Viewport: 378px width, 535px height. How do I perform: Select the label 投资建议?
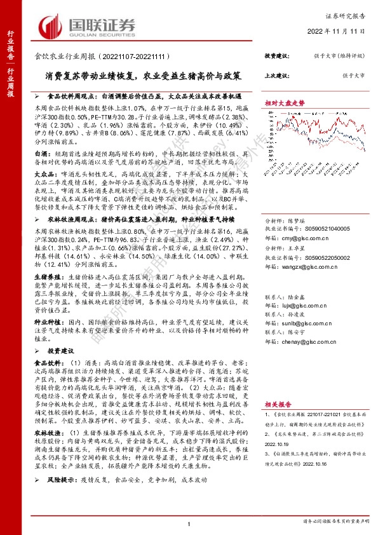pos(276,56)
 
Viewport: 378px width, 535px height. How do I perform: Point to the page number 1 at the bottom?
pos(189,523)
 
